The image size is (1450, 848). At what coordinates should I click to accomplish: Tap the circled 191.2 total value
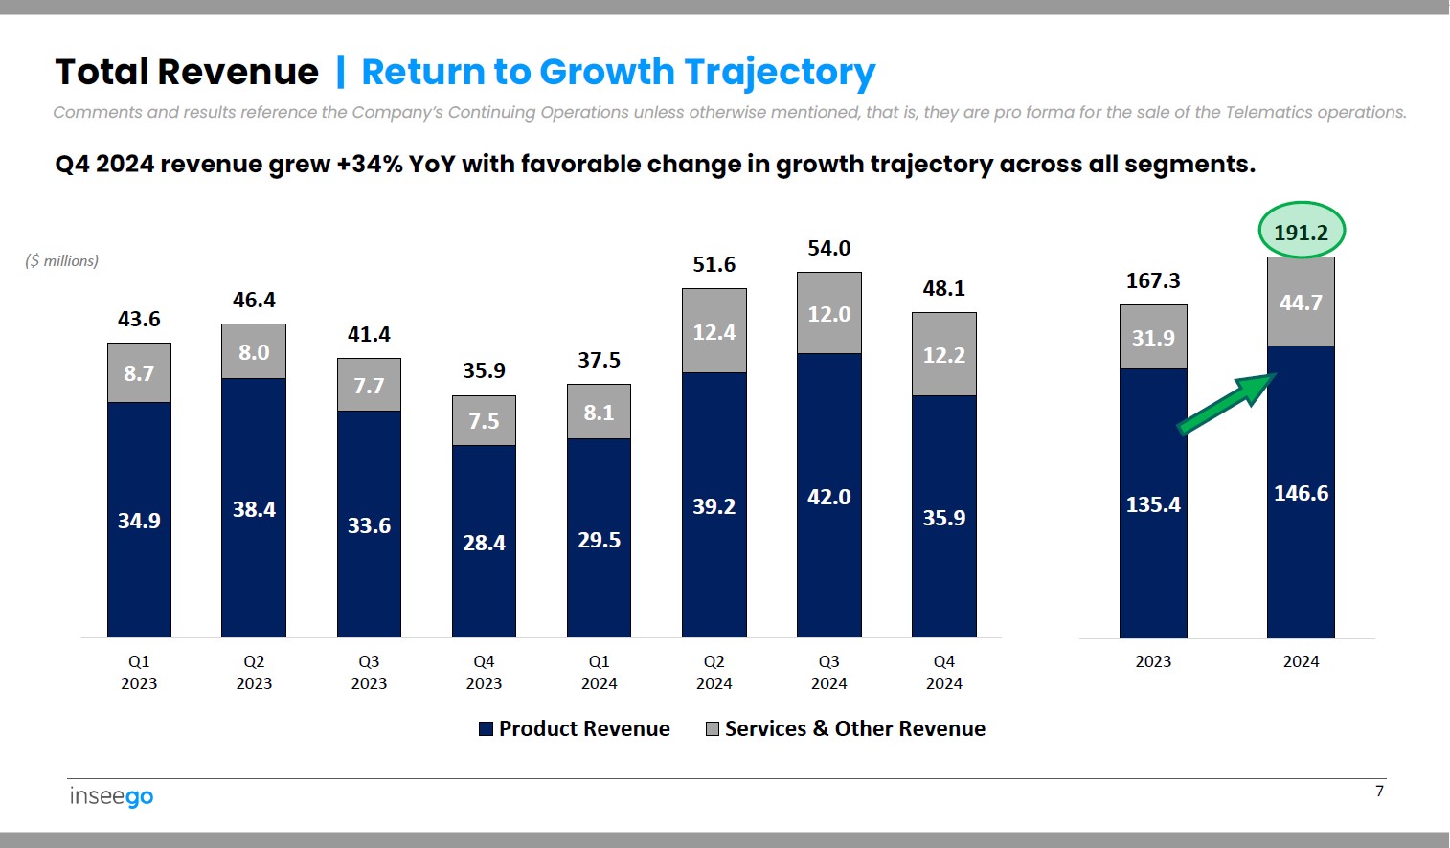pos(1301,232)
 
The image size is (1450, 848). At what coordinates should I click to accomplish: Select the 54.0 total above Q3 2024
pos(828,249)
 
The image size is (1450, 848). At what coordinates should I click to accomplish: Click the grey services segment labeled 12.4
pos(714,332)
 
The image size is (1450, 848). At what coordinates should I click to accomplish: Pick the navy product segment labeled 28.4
pos(484,543)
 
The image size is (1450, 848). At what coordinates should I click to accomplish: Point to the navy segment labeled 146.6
pos(1301,493)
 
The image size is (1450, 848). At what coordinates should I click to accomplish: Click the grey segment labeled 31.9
pos(1153,338)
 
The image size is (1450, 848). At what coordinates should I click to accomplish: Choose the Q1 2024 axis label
pos(599,672)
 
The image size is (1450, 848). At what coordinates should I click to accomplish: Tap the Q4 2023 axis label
pos(484,672)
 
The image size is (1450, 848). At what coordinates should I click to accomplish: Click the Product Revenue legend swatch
pos(487,729)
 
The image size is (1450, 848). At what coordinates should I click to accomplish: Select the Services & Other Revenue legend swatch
pos(713,729)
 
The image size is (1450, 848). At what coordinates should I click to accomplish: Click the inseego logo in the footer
pos(111,796)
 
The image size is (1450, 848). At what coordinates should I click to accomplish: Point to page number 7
pos(1379,791)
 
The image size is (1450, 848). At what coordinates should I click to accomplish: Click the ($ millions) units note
pos(62,260)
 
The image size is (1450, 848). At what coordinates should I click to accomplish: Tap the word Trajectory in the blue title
pos(780,73)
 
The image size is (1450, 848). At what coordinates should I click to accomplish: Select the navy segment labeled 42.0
pos(828,497)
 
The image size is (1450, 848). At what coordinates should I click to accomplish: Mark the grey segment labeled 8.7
pos(139,373)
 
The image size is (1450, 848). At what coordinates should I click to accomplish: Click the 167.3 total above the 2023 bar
pos(1153,281)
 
